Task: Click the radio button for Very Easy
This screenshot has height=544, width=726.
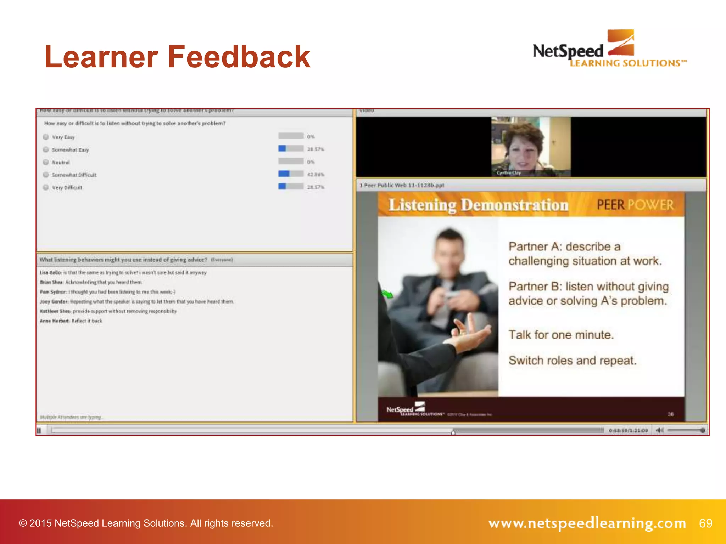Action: (x=46, y=137)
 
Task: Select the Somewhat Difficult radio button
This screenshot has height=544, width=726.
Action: (x=46, y=175)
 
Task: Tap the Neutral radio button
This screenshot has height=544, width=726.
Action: (x=46, y=162)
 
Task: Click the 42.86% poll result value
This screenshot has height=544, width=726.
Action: (x=315, y=175)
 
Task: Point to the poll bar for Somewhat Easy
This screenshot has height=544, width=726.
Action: (x=291, y=148)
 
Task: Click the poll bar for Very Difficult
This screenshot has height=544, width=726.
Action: (x=291, y=186)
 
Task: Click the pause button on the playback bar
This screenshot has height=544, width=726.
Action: (x=39, y=431)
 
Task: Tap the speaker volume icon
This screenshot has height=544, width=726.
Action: (x=659, y=430)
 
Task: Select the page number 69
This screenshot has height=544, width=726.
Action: (x=705, y=523)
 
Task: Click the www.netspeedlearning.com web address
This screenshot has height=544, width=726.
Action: (x=587, y=523)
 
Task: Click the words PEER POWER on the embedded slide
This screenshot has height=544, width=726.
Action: (x=635, y=205)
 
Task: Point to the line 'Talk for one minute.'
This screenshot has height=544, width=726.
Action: (x=561, y=335)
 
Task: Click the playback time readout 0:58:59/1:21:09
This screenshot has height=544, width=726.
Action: (x=628, y=431)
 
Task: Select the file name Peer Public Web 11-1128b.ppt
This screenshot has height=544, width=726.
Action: (x=404, y=185)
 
